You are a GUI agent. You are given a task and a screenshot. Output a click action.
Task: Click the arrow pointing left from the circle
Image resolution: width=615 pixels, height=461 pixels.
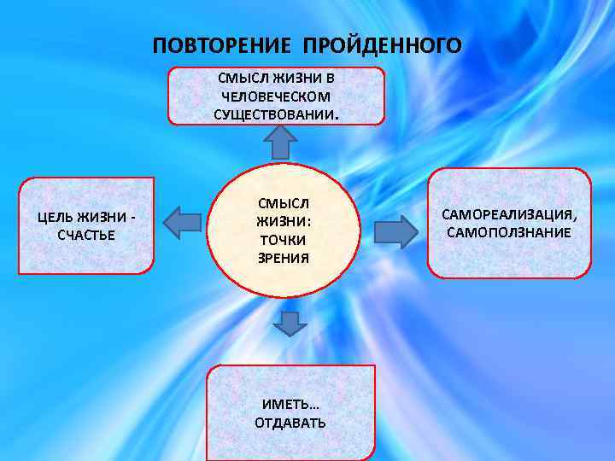coord(182,221)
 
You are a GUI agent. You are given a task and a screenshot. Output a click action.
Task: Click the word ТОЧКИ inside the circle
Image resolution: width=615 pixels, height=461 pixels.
coord(275,240)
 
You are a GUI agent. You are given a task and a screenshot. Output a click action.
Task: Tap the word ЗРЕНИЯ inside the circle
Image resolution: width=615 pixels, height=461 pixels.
coord(276,257)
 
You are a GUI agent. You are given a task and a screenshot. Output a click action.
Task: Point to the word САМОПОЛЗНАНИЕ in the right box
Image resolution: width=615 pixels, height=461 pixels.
coord(508,231)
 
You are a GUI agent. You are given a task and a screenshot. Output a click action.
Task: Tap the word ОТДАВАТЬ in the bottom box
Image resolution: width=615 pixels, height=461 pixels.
coord(290,422)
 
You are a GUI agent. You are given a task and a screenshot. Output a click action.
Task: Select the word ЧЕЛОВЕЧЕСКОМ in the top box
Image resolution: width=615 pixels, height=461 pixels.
coord(276,97)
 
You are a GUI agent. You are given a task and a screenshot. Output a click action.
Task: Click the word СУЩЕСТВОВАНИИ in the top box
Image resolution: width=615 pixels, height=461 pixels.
coord(274,114)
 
